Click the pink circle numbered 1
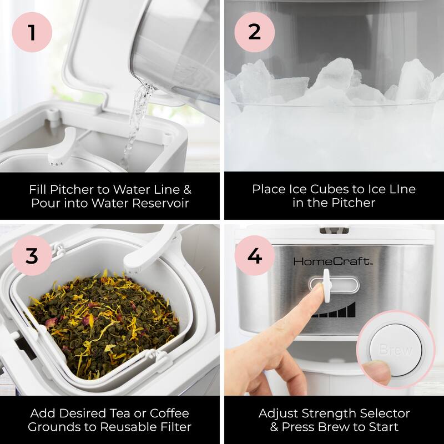click(x=32, y=32)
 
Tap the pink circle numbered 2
click(x=254, y=32)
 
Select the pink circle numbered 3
click(x=32, y=255)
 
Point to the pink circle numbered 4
click(x=254, y=255)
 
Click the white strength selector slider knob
click(x=326, y=285)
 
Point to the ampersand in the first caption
click(x=187, y=189)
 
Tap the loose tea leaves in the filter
click(x=104, y=323)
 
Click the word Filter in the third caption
click(x=175, y=427)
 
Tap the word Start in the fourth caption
click(x=383, y=427)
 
